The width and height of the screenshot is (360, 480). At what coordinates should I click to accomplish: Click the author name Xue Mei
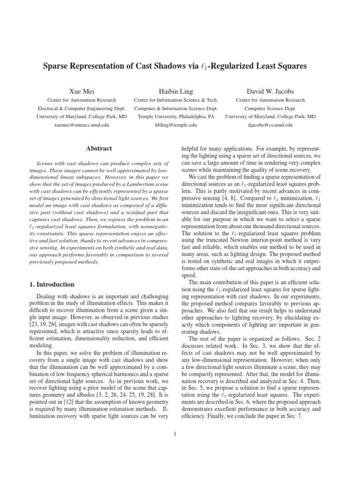(82, 91)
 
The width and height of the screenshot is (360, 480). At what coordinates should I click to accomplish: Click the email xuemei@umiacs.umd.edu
(82, 125)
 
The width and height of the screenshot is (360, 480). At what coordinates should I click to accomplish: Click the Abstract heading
(98, 149)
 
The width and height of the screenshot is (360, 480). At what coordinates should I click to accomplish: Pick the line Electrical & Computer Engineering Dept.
(82, 108)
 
